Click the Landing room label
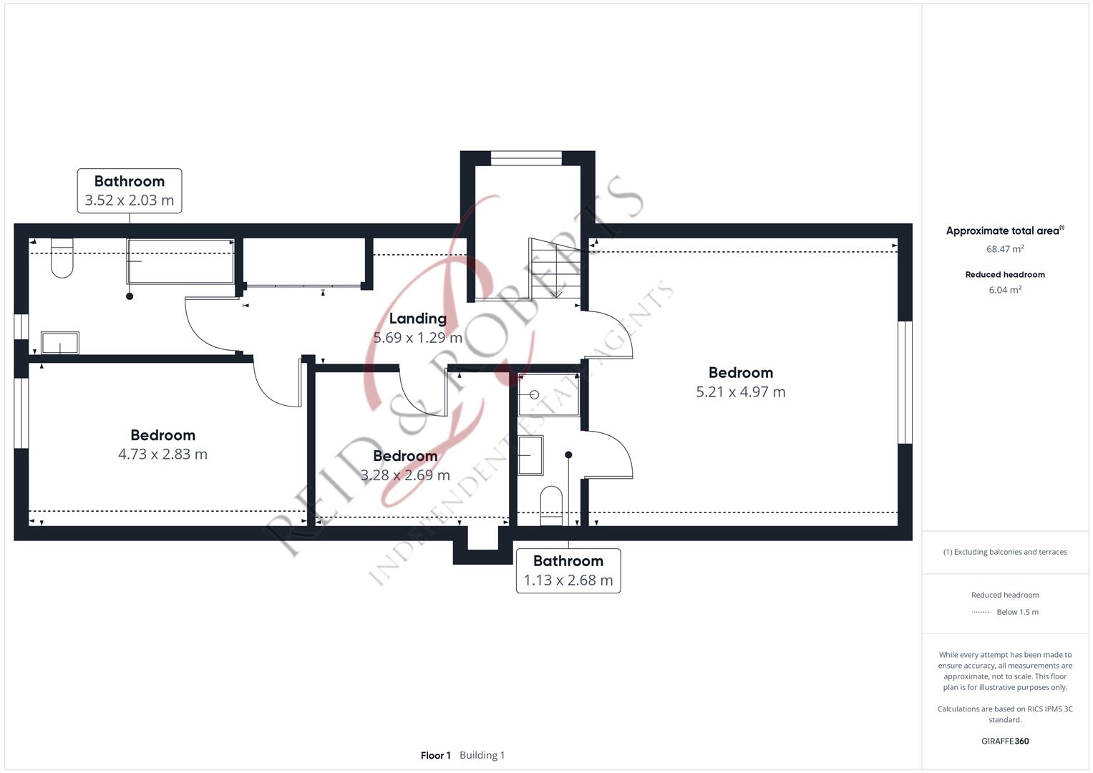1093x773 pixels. tap(418, 319)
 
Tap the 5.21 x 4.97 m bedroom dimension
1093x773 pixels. tap(741, 392)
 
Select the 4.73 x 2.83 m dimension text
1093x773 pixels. tap(163, 454)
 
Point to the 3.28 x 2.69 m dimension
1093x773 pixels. tap(405, 475)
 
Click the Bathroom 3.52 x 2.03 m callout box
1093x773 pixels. tap(130, 191)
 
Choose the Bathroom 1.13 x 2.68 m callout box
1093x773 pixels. tap(568, 570)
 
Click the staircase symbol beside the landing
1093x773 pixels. tap(555, 268)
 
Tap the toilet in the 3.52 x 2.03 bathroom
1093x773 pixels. tap(62, 258)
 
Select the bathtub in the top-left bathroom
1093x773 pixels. tap(180, 261)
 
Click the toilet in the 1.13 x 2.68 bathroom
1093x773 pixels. tap(551, 505)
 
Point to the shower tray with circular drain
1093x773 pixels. tap(549, 395)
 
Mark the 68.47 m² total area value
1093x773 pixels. tap(1005, 249)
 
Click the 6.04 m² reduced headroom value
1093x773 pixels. tap(1005, 290)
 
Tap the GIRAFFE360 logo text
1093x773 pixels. tap(1005, 741)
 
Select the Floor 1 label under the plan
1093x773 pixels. tap(436, 755)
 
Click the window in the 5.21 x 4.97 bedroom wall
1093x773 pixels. tap(905, 382)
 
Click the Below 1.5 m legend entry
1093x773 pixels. tap(1017, 612)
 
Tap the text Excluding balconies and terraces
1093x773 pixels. tap(1011, 552)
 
